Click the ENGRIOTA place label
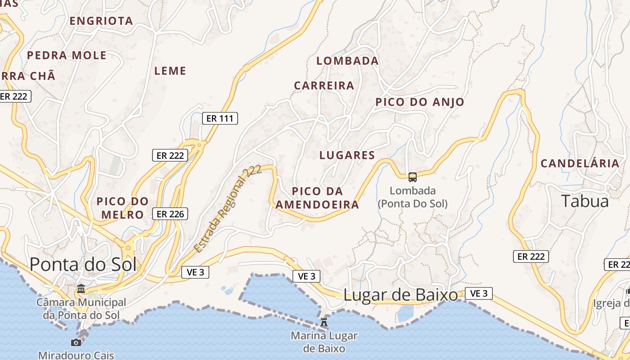[101, 21]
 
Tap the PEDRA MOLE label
[67, 55]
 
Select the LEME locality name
[170, 71]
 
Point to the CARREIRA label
[324, 85]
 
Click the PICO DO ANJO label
[420, 102]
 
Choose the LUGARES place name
[347, 155]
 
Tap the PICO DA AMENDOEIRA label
[318, 198]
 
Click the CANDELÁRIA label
[580, 163]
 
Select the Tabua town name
[585, 201]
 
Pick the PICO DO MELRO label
[122, 208]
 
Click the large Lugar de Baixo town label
[400, 295]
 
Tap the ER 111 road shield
[220, 118]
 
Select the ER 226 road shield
[170, 214]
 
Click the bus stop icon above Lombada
[413, 177]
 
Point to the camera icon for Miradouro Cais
[76, 342]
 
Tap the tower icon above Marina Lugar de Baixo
[324, 322]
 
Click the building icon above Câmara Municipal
[81, 288]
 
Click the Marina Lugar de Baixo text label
[324, 342]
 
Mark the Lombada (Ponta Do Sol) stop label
[413, 197]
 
